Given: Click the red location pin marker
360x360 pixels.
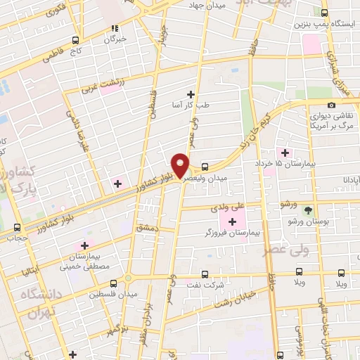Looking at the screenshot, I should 181,165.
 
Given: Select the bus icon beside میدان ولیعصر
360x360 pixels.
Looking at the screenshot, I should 205,167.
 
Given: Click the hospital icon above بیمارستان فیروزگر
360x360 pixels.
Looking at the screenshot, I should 232,222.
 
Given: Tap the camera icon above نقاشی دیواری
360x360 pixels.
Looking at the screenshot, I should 331,105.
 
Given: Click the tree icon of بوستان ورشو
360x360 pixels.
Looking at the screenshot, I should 307,210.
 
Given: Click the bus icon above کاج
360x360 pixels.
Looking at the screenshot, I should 75,41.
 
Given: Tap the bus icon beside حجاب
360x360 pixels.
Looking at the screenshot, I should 18,227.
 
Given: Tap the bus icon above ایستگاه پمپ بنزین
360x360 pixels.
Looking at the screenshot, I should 324,12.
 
